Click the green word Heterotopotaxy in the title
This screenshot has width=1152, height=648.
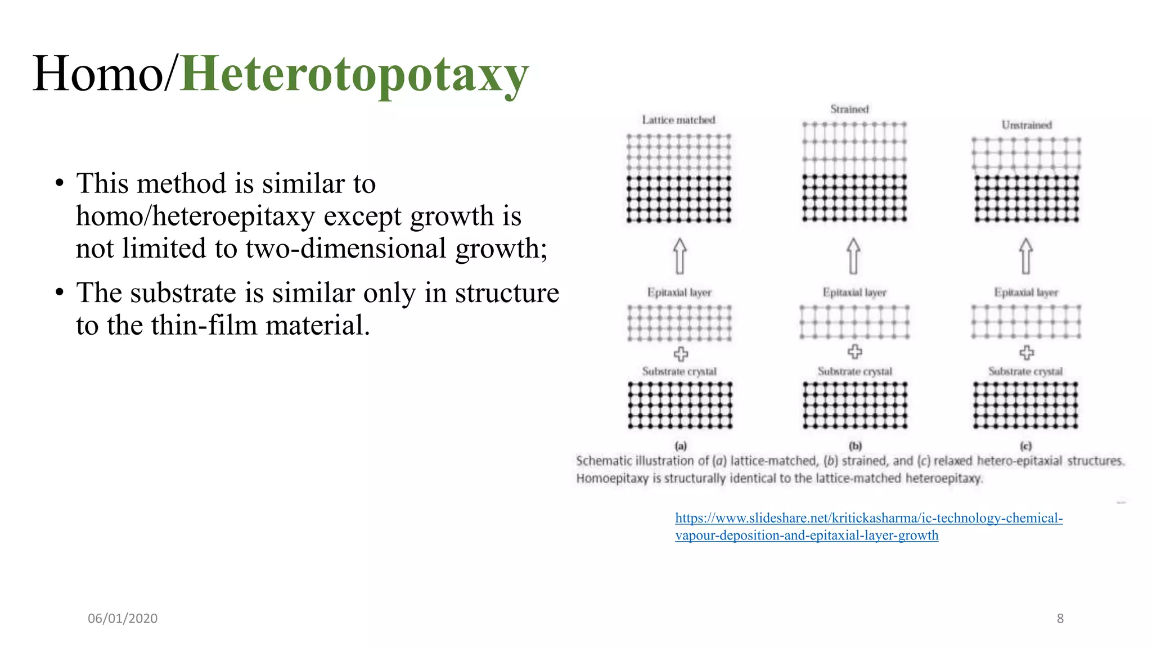(x=354, y=74)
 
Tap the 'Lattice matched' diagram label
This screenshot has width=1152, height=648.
(x=678, y=120)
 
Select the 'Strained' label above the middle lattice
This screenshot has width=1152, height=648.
(x=849, y=109)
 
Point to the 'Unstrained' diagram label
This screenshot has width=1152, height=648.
(x=1027, y=125)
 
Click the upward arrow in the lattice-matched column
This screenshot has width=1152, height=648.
(x=679, y=256)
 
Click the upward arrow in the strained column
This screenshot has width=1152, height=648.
(x=853, y=256)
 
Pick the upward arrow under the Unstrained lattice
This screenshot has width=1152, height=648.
(x=1026, y=256)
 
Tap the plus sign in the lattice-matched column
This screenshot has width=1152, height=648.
(x=681, y=354)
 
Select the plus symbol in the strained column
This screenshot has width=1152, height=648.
(x=854, y=352)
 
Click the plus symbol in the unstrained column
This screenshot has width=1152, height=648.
(x=1027, y=353)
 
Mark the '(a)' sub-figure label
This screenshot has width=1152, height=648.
(x=681, y=446)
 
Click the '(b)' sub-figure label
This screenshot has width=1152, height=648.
(x=856, y=446)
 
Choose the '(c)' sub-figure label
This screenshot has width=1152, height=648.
(x=1026, y=446)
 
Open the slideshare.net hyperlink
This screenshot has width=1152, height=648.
(x=868, y=519)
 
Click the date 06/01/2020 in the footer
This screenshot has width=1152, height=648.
(x=123, y=619)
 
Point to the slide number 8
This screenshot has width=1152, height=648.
(x=1060, y=619)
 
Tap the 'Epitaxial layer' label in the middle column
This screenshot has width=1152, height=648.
(x=854, y=292)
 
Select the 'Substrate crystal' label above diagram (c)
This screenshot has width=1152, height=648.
(x=1025, y=371)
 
